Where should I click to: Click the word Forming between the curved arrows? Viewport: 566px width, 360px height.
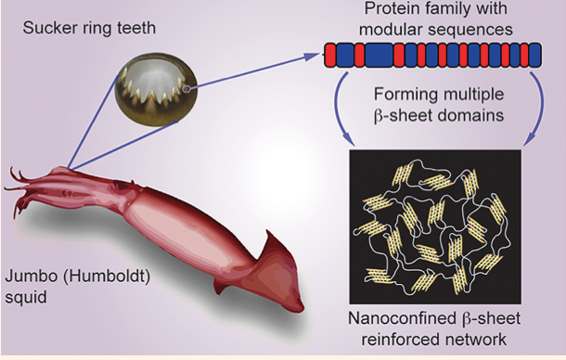coord(405,95)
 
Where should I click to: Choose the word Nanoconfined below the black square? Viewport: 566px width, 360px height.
coord(402,318)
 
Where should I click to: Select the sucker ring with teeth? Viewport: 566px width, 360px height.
coord(156,90)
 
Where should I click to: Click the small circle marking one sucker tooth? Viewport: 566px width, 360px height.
coord(187,88)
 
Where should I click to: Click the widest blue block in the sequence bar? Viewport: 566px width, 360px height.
coord(379,56)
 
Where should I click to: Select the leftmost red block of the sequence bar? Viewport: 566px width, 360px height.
coord(330,56)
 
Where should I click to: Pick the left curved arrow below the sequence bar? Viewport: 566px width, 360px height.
coord(339,109)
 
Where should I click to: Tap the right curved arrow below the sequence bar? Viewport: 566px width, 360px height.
coord(541,109)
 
